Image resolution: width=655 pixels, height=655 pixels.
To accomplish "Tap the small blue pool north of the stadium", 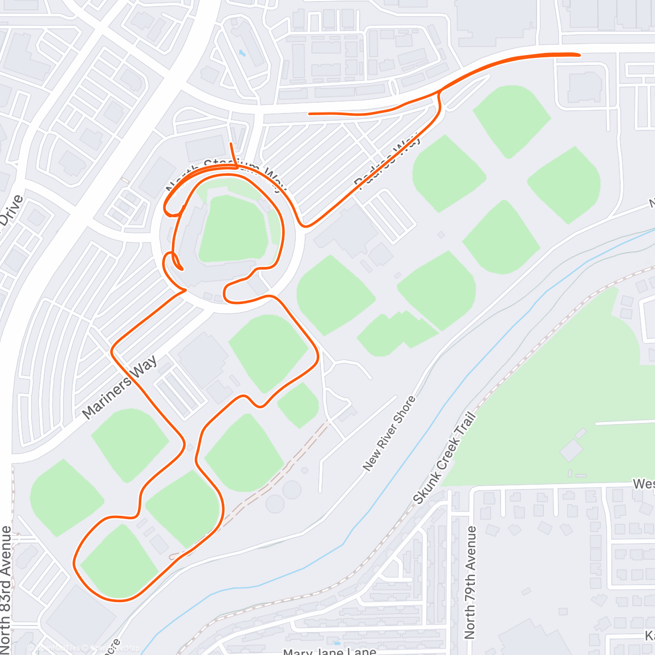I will click(241, 53).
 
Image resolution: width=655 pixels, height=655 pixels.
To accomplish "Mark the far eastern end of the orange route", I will click(579, 55).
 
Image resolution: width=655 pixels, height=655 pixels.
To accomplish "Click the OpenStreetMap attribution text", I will click(115, 648).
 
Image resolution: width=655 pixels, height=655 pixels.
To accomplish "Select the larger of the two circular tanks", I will click(291, 490).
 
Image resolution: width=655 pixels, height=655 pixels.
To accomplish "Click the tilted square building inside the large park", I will click(571, 451).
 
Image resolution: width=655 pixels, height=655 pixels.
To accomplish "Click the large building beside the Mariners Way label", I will click(203, 358).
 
